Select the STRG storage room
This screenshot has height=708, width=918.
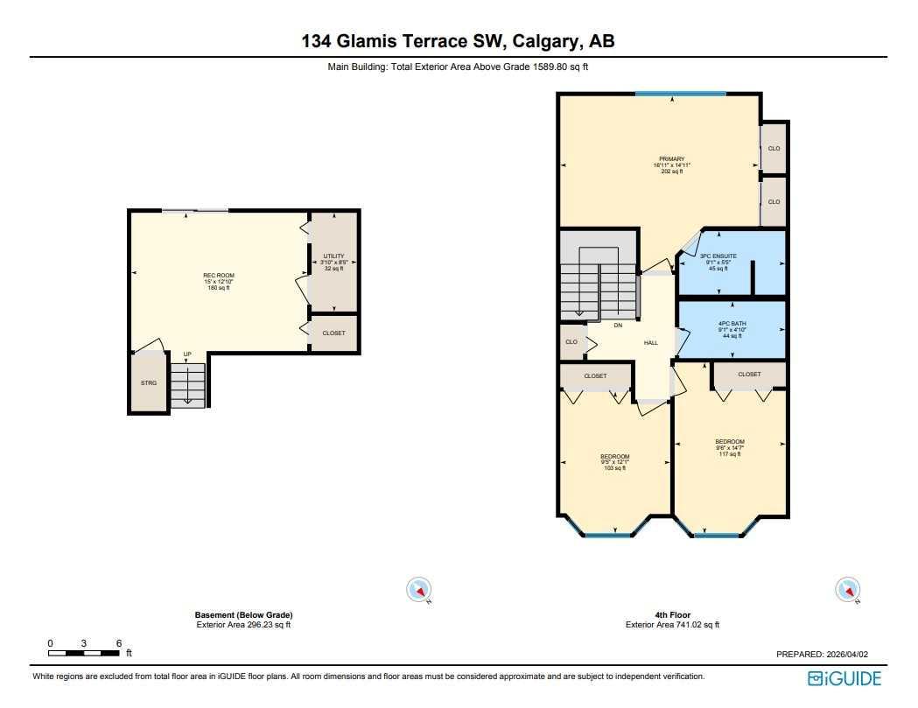pyautogui.click(x=149, y=383)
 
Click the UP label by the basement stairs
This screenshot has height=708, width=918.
pyautogui.click(x=187, y=354)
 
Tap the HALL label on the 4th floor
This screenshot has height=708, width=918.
pyautogui.click(x=651, y=342)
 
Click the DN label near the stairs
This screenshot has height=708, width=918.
pyautogui.click(x=617, y=325)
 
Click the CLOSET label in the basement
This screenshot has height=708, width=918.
pyautogui.click(x=333, y=333)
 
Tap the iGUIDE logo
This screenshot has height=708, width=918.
pyautogui.click(x=844, y=678)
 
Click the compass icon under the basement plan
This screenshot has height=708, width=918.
pyautogui.click(x=419, y=591)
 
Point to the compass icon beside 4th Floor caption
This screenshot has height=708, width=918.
pyautogui.click(x=848, y=591)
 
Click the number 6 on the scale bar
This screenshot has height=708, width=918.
pyautogui.click(x=118, y=643)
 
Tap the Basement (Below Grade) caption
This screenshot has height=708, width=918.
pyautogui.click(x=243, y=615)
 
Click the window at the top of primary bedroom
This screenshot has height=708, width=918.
pyautogui.click(x=680, y=95)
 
